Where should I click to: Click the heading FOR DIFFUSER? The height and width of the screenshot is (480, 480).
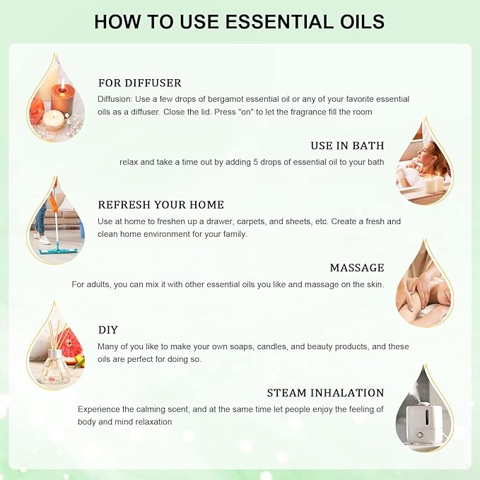click(x=140, y=83)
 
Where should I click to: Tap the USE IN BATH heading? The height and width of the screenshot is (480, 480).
click(x=347, y=146)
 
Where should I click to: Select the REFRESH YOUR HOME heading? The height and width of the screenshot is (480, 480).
click(x=161, y=205)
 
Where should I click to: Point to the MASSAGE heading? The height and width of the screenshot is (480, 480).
click(x=357, y=268)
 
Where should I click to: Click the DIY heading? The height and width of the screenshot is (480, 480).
click(x=108, y=330)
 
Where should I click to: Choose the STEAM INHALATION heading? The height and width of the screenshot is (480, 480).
click(x=325, y=393)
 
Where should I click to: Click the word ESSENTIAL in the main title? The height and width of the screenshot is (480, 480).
click(x=258, y=21)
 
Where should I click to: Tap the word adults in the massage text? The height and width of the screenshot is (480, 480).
click(x=99, y=285)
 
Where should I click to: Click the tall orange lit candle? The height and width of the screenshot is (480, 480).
click(x=62, y=98)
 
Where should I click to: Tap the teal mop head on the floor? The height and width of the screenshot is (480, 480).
click(x=58, y=251)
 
